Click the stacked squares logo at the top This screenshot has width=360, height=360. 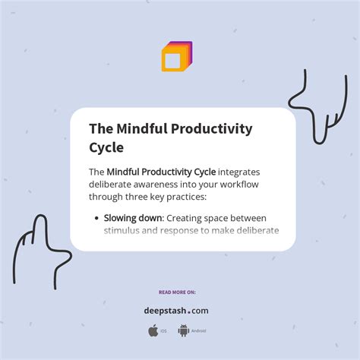(x=176, y=57)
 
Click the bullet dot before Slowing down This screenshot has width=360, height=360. (x=96, y=218)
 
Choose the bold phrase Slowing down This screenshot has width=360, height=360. (x=134, y=218)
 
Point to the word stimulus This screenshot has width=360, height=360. (x=125, y=231)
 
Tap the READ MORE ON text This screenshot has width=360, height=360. (x=177, y=292)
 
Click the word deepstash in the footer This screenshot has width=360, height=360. (x=167, y=310)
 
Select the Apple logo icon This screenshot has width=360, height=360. (x=153, y=330)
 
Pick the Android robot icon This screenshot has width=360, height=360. (x=183, y=330)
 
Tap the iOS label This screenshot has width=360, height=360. (x=165, y=331)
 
